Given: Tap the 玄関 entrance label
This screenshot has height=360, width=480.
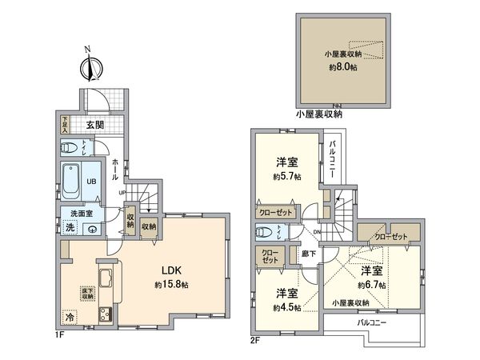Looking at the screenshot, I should [95, 124].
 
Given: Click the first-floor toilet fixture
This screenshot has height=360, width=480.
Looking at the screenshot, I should [70, 147].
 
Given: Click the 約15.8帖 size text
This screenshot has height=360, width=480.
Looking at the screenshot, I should [173, 286].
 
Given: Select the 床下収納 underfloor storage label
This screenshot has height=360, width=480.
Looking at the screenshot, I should [86, 294].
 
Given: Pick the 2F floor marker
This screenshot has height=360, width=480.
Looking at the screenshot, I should [254, 339].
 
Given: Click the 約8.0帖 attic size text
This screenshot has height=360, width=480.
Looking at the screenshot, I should [342, 68].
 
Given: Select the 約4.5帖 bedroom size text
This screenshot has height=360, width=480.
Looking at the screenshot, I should [286, 308].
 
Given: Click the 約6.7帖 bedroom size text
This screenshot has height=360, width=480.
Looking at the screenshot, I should [371, 284].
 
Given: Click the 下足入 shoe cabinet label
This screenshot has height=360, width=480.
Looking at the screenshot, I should [65, 124].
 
